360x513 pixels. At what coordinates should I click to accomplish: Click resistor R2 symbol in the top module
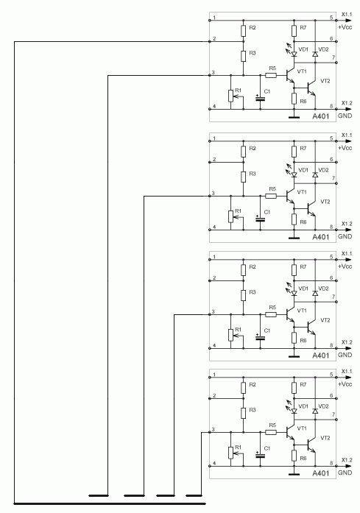(244, 31)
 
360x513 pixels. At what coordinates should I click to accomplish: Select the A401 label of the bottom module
(321, 473)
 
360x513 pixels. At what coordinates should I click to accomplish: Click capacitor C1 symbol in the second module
(260, 219)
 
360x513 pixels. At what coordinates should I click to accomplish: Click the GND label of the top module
(345, 116)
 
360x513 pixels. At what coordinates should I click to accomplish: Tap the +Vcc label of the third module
(345, 266)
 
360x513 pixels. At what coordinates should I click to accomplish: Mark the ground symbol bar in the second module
(294, 238)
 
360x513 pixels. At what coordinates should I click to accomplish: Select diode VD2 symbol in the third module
(315, 294)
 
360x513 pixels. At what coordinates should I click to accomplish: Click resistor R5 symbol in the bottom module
(271, 433)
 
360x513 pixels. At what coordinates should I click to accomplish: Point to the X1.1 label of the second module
(347, 135)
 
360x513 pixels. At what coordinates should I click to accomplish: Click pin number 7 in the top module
(333, 57)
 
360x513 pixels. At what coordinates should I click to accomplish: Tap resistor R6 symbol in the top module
(294, 98)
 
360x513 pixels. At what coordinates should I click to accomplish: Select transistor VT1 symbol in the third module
(291, 315)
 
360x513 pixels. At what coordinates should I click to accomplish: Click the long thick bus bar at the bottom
(110, 503)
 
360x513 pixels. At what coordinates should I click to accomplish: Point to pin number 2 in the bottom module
(214, 395)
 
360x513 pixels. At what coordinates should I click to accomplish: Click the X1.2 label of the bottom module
(347, 460)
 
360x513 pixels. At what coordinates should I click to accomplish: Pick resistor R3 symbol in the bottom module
(244, 413)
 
